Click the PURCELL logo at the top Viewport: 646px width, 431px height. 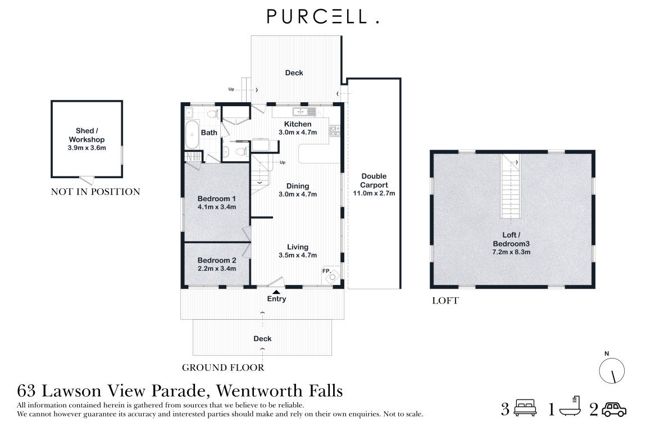click(322, 17)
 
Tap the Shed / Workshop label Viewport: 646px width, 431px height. click(87, 135)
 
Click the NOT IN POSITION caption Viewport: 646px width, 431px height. click(95, 192)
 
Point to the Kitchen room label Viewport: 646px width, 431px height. click(298, 124)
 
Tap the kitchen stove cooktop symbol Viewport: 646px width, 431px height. click(334, 131)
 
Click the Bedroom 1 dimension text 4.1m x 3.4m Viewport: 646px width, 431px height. click(216, 207)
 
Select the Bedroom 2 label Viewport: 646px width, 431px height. click(216, 260)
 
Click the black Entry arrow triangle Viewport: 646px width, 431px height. click(276, 291)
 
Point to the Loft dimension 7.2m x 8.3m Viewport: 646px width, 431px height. click(511, 252)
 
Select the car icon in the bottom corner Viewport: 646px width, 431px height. click(614, 409)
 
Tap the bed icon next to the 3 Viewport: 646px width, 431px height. click(526, 409)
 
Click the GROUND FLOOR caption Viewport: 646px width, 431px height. click(222, 368)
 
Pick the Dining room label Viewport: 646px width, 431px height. click(298, 187)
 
